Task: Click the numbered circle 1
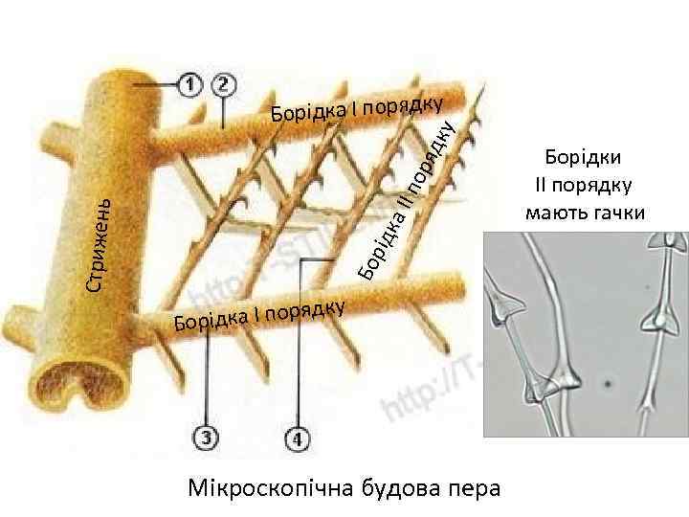coord(189,85)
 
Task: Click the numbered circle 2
coord(224,85)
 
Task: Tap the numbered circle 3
coord(207,438)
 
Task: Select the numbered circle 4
coord(298,439)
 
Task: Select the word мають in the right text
coord(557,211)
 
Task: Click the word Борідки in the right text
coord(584,159)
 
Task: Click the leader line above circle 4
coord(299,354)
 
